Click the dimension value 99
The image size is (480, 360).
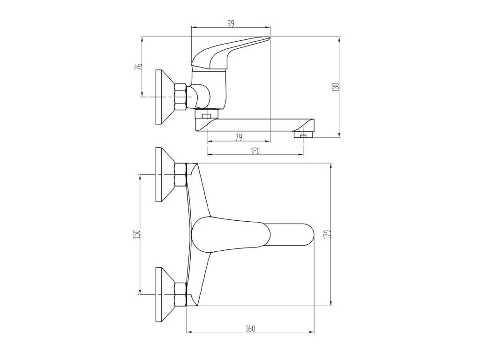point(231,24)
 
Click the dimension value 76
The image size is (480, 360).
point(138,67)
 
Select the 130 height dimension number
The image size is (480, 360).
point(336,87)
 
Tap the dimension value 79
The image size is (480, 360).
point(239,138)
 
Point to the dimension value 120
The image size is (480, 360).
point(255,151)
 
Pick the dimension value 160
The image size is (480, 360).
point(250,329)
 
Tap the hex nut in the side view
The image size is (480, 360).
point(180,96)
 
